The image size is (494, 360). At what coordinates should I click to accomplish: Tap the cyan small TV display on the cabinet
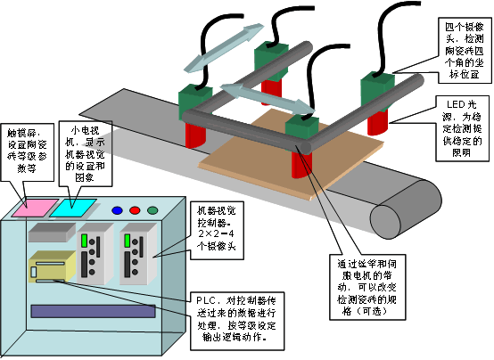[71, 206]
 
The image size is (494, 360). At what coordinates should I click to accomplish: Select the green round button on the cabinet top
[152, 211]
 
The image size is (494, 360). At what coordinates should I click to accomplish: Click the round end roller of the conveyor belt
[392, 220]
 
